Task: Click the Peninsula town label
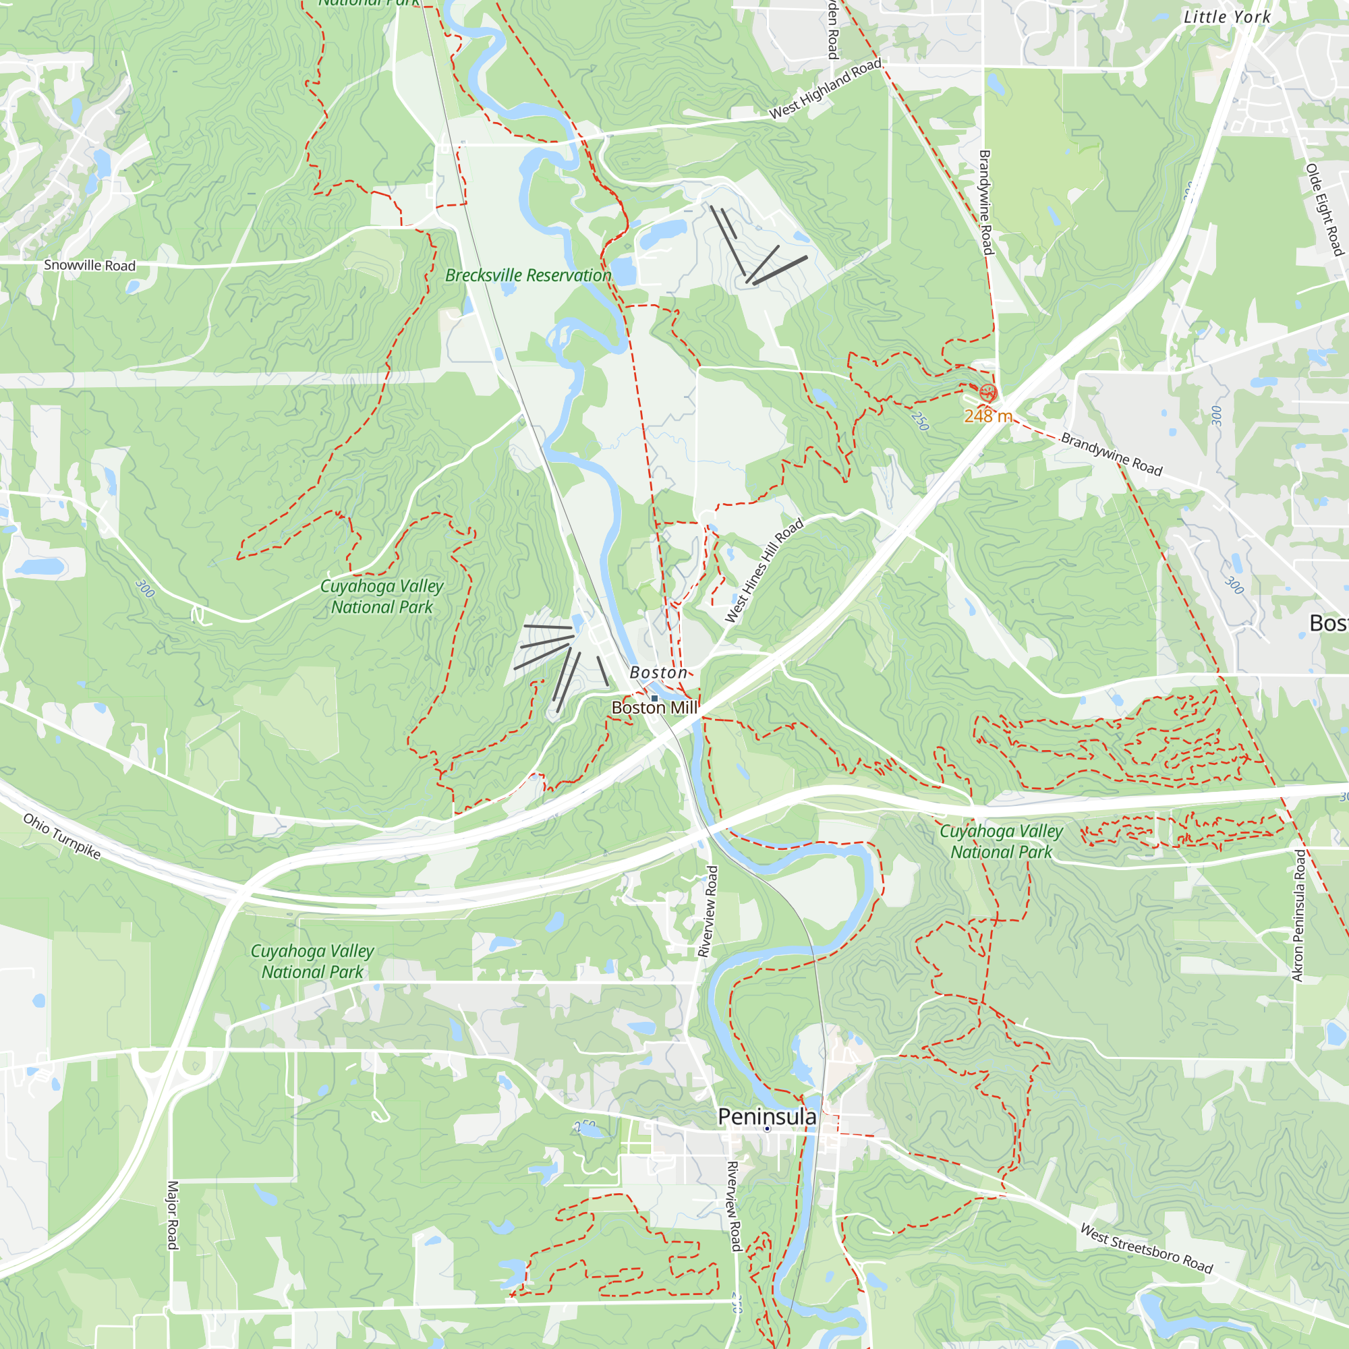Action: pyautogui.click(x=767, y=1116)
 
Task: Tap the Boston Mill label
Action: pyautogui.click(x=654, y=708)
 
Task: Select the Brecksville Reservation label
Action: pyautogui.click(x=528, y=275)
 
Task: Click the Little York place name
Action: pyautogui.click(x=1227, y=17)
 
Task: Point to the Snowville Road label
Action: pyautogui.click(x=90, y=265)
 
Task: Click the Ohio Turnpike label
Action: pyautogui.click(x=62, y=836)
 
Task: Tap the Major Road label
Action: pyautogui.click(x=173, y=1215)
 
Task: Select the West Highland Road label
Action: pyautogui.click(x=826, y=88)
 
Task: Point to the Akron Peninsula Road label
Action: pyautogui.click(x=1298, y=915)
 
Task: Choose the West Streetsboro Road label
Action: pyautogui.click(x=1147, y=1248)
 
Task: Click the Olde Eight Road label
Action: pyautogui.click(x=1324, y=210)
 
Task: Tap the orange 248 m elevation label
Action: pyautogui.click(x=988, y=416)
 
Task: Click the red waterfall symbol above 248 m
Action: pyautogui.click(x=987, y=392)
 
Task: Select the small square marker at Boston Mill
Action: pyautogui.click(x=654, y=698)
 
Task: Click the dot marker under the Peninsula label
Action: pyautogui.click(x=767, y=1128)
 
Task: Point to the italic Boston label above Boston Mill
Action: pyautogui.click(x=658, y=672)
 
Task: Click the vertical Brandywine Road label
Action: pyautogui.click(x=985, y=202)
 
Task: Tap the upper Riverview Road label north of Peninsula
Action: pyautogui.click(x=708, y=911)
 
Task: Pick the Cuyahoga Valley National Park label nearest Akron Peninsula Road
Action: pyautogui.click(x=1000, y=841)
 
